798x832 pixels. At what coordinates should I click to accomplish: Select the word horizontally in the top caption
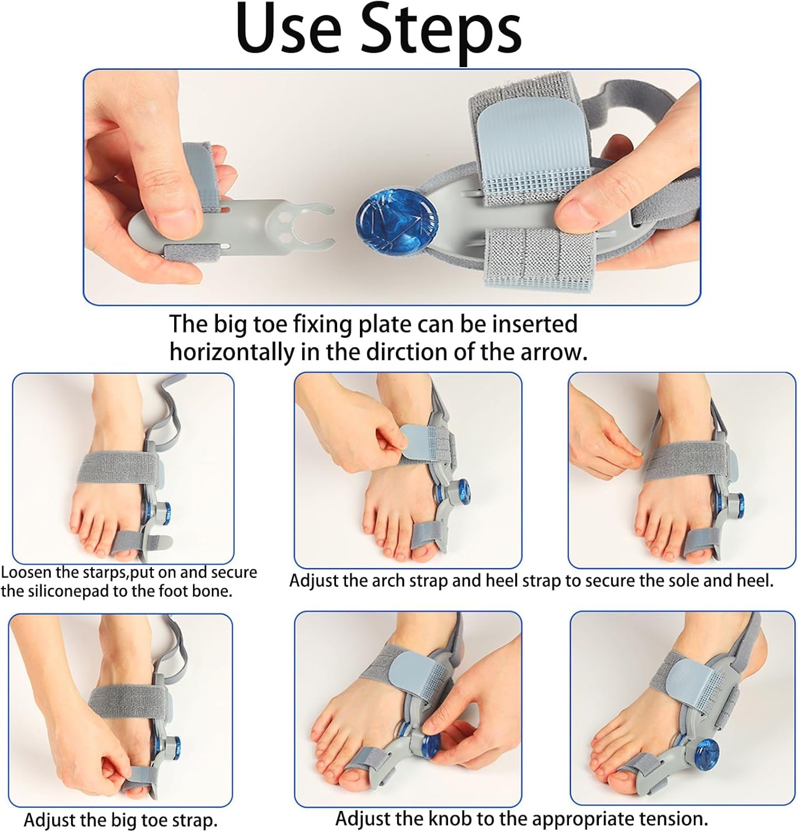tap(232, 353)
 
